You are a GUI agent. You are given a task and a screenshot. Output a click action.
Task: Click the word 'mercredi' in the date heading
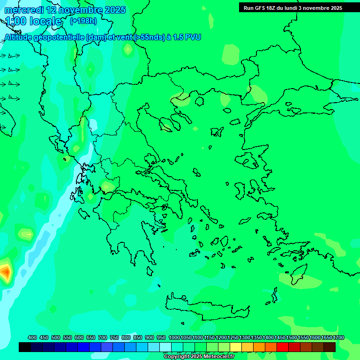point(23,10)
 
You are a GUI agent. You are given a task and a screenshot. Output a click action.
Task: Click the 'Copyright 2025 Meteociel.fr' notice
point(199,356)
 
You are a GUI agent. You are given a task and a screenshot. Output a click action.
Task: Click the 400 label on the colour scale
point(32,337)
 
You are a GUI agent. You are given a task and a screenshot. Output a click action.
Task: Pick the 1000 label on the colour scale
point(174,337)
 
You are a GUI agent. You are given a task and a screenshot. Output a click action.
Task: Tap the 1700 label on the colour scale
point(338,337)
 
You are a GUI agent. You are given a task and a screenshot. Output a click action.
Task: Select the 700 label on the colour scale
point(103,337)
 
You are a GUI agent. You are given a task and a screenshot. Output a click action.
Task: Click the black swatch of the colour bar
point(25,347)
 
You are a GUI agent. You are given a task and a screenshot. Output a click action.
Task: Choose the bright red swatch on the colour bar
point(283,347)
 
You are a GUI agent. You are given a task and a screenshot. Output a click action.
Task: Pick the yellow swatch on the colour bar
point(236,347)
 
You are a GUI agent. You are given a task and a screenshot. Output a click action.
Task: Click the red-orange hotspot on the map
point(5,271)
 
